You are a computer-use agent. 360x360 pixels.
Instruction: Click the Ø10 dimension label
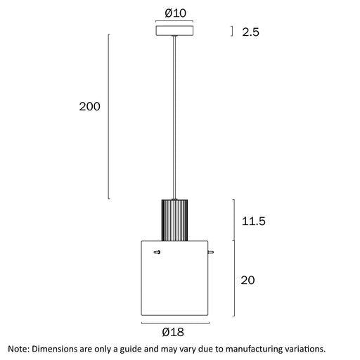(x=175, y=13)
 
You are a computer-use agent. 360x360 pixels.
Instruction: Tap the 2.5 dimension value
(x=250, y=32)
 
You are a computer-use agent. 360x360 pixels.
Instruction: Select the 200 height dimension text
(x=89, y=106)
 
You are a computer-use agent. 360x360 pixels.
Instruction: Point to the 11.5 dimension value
(x=254, y=221)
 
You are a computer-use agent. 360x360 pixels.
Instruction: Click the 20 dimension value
(x=247, y=280)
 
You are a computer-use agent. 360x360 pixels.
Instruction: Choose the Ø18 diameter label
(x=173, y=332)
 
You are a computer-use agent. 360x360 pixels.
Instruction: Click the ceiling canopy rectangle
(x=174, y=31)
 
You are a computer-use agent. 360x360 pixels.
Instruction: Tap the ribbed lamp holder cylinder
(x=174, y=220)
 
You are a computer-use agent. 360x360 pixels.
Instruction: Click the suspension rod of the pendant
(x=174, y=117)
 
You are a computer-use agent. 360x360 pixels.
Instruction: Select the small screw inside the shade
(x=157, y=252)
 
